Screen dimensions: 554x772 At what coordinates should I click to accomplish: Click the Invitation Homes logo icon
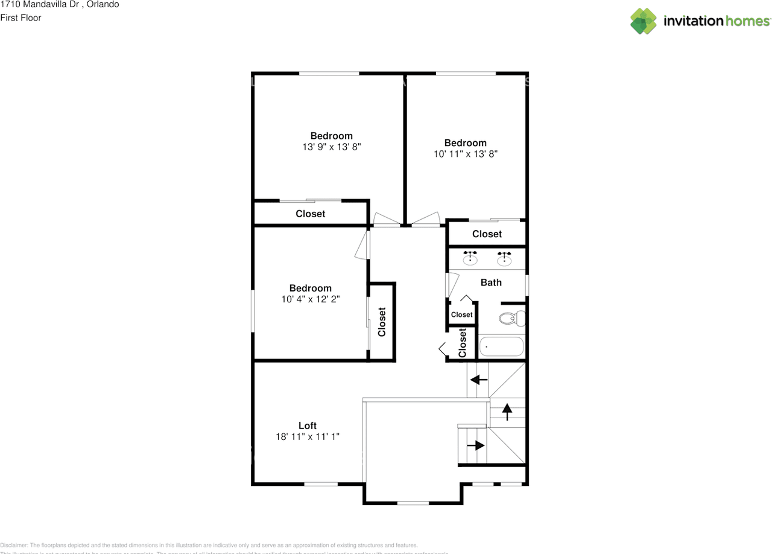click(644, 21)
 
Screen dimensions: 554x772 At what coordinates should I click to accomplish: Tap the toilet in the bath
click(511, 318)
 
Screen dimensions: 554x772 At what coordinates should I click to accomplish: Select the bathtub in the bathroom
click(501, 347)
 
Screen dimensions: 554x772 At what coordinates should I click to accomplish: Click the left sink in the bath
click(470, 259)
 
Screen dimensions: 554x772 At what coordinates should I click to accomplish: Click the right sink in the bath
click(504, 259)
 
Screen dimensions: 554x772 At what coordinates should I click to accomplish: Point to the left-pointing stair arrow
click(479, 380)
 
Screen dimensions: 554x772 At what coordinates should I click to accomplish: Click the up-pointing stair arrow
click(507, 412)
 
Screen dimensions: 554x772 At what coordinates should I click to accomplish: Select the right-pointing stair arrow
click(476, 445)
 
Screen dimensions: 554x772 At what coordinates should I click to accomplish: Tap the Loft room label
click(308, 425)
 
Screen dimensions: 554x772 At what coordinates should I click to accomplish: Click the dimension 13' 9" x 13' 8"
click(332, 147)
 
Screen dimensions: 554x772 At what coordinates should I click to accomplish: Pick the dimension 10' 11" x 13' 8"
click(465, 154)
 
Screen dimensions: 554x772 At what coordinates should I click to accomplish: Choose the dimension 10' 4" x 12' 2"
click(310, 299)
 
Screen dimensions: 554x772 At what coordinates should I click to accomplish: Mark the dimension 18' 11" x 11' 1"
click(308, 436)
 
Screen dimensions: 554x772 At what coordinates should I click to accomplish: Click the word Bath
click(491, 282)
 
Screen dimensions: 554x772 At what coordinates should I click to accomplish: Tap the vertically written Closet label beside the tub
click(463, 343)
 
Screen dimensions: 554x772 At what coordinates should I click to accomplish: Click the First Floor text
click(21, 18)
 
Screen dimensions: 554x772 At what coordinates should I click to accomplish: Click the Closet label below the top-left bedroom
click(310, 214)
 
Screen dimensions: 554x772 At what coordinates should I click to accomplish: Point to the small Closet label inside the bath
click(462, 314)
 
